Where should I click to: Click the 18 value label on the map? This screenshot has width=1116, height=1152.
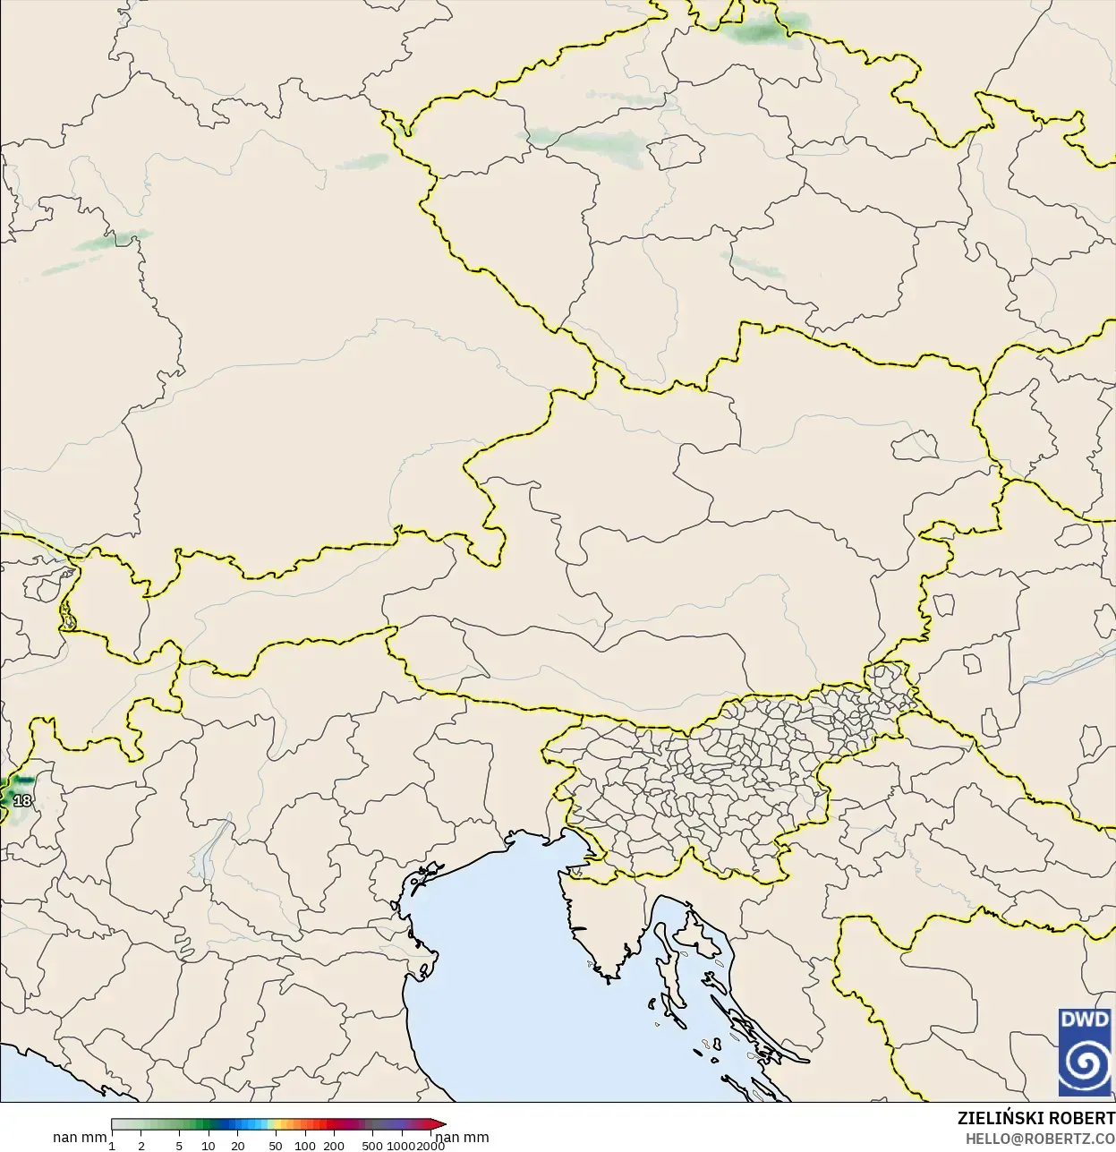22,800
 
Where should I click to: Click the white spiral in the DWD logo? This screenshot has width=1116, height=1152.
1085,1063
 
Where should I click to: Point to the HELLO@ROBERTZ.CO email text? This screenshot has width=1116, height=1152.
1039,1139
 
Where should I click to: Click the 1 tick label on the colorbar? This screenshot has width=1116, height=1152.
112,1146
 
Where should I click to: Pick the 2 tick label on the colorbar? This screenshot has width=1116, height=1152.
141,1146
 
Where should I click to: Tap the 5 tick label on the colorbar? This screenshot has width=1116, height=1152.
179,1146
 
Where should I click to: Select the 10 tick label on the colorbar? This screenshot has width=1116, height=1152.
209,1146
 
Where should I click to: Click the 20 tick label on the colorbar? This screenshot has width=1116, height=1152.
238,1146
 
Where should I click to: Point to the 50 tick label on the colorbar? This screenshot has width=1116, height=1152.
276,1146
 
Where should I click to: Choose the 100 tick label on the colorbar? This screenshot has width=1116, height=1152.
305,1146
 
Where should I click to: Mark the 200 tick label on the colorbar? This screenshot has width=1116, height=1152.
334,1146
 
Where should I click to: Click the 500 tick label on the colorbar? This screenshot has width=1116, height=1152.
372,1146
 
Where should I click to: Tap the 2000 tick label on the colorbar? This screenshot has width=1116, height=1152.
430,1146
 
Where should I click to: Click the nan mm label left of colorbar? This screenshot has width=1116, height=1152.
80,1138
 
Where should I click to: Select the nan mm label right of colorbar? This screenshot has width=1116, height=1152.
463,1138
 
